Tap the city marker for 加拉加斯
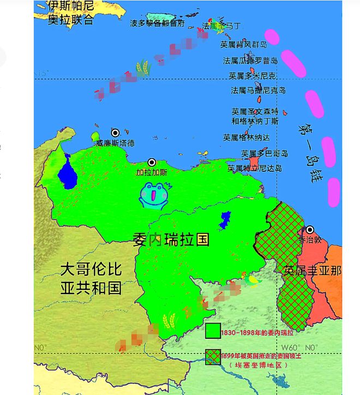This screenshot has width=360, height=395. pos(152,163)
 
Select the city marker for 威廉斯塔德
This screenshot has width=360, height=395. pos(115,133)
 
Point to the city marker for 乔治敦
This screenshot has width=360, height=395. pos(310,230)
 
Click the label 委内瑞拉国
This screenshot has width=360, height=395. pos(171,239)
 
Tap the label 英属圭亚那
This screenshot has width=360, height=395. pos(313,270)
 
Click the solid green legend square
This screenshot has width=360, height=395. pos(213,331)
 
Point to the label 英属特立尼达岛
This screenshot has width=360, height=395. pos(255,168)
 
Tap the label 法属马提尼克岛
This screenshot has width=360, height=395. pos(258,90)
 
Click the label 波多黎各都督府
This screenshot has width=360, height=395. pos(157,23)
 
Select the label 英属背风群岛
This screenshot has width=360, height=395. pos(244,44)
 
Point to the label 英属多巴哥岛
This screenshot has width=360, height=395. pos(265,154)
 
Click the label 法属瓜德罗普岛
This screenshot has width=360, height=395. pos(250,61)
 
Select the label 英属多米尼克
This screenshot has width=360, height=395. pos(253,75)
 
